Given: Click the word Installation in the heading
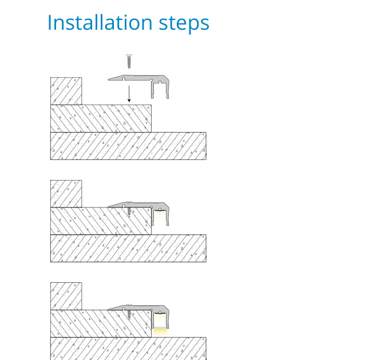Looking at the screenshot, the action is pos(100,23).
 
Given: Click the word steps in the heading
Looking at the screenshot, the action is pos(184,24).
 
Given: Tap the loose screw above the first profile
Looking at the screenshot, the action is pos(129,61).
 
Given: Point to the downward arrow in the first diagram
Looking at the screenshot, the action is pos(129,94).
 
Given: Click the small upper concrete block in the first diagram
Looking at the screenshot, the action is pos(66,91).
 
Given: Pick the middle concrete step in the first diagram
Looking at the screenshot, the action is pos(101,118).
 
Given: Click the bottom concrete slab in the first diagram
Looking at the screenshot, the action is pos(128,146).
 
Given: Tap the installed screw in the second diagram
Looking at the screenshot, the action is pos(129,209).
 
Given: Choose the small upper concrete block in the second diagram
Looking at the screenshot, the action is pos(66,194).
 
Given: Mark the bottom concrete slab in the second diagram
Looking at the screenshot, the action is pos(128,248).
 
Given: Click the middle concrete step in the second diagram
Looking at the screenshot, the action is pos(101,221).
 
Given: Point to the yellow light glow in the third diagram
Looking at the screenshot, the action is pos(160,332).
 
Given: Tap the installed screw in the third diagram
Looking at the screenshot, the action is pos(129,312).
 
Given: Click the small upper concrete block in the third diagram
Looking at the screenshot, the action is pos(66,296).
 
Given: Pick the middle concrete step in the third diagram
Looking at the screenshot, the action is pos(101,323).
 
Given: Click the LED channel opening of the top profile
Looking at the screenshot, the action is pos(160,90).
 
